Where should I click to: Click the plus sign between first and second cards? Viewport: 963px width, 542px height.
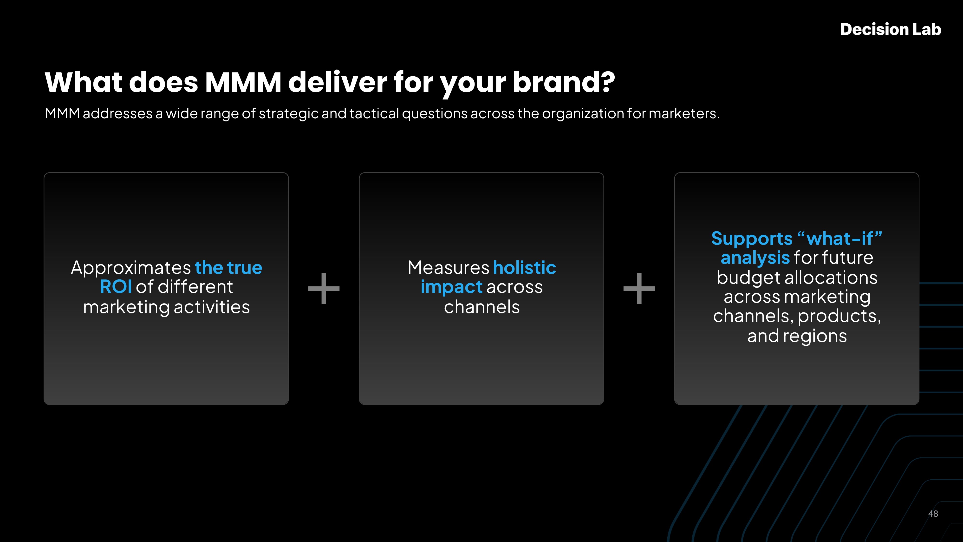click(x=324, y=288)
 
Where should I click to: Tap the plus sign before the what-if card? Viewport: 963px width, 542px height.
click(x=639, y=288)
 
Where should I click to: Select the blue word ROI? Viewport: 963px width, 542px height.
click(x=116, y=287)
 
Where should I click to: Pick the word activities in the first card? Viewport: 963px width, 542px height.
click(x=212, y=307)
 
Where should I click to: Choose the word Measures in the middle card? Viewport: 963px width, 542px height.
click(x=449, y=268)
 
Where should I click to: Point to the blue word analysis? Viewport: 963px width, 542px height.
click(x=755, y=258)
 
